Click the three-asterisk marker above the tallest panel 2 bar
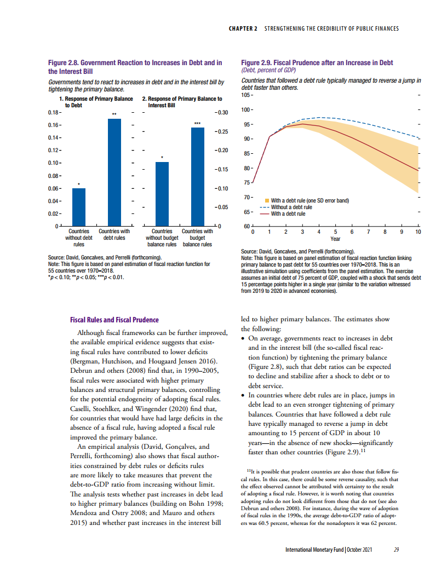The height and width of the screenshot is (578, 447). click(x=197, y=124)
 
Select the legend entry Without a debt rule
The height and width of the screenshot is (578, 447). click(x=291, y=207)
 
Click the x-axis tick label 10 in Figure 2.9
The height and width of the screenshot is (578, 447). click(x=419, y=233)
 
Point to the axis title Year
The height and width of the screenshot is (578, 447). click(x=335, y=239)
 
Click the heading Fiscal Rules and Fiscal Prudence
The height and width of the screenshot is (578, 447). click(x=114, y=320)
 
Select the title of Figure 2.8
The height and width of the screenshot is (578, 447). click(x=135, y=67)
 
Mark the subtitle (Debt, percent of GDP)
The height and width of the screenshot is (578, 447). click(x=268, y=70)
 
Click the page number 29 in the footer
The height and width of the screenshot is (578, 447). click(x=396, y=550)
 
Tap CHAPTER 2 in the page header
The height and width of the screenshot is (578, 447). click(x=243, y=28)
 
